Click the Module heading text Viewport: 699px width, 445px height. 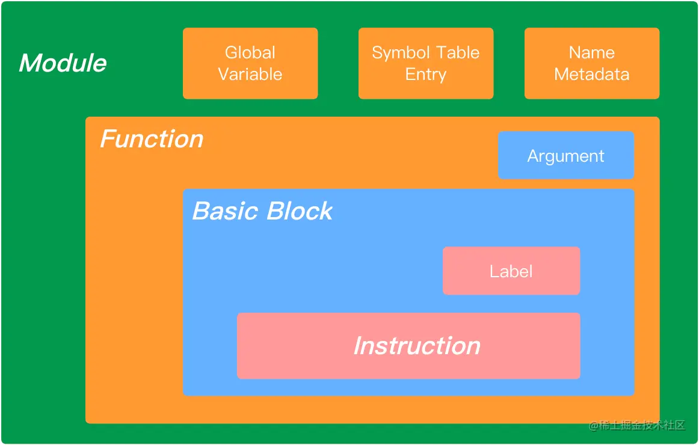pyautogui.click(x=63, y=63)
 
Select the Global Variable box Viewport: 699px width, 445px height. pyautogui.click(x=250, y=63)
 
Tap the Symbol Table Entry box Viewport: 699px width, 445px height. pyautogui.click(x=426, y=63)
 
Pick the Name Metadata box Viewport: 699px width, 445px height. pyautogui.click(x=592, y=63)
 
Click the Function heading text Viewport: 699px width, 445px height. pyautogui.click(x=152, y=139)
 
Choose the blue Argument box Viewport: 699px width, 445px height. pyautogui.click(x=565, y=155)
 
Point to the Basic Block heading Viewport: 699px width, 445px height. pyautogui.click(x=262, y=210)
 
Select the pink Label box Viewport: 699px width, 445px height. pyautogui.click(x=511, y=271)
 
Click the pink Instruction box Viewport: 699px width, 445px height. pyautogui.click(x=408, y=346)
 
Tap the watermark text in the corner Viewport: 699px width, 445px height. pyautogui.click(x=636, y=425)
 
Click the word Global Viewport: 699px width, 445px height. pyautogui.click(x=250, y=52)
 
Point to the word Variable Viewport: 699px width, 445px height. pyautogui.click(x=250, y=74)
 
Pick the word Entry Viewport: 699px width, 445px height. pyautogui.click(x=426, y=75)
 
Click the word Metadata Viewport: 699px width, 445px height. pyautogui.click(x=592, y=74)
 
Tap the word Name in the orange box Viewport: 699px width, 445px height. pyautogui.click(x=592, y=52)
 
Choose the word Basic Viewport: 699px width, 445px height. pyautogui.click(x=226, y=210)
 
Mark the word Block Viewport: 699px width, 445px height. pyautogui.click(x=300, y=210)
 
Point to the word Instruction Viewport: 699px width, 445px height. pyautogui.click(x=417, y=346)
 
